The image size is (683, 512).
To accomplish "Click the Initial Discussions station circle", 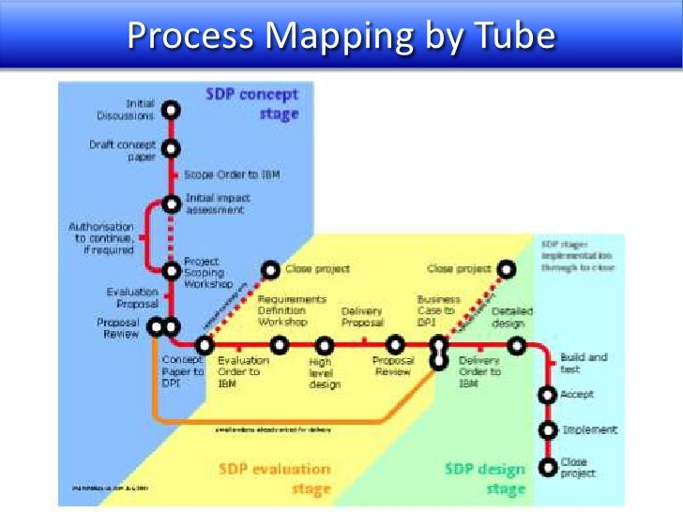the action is [171, 109].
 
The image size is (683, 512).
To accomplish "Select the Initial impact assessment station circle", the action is [171, 203].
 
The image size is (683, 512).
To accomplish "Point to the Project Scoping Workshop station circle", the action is [171, 271].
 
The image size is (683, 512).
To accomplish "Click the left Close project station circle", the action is [270, 270].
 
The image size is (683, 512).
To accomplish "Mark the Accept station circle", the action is [547, 395].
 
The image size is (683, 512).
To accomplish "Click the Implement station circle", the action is [547, 430].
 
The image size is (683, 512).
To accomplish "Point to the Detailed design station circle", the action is [515, 345].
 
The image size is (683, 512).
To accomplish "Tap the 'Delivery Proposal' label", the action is [362, 316].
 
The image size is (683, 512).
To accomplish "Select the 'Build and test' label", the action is [584, 363].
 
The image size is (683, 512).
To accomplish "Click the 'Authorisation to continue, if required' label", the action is [101, 239].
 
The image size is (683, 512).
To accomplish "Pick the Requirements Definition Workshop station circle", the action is [279, 345].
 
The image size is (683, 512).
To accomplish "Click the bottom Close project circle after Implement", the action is [547, 466].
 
